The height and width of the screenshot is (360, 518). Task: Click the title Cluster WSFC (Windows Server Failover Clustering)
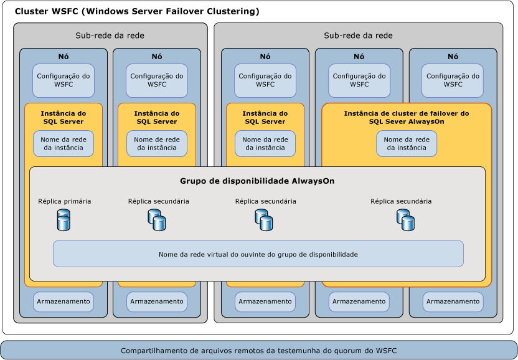[x=137, y=12]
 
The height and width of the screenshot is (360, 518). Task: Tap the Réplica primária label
[x=64, y=201]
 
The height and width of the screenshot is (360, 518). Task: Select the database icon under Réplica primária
[x=64, y=220]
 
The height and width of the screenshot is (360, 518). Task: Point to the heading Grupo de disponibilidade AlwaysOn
[x=257, y=181]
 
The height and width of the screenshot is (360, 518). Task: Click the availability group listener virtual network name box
[x=258, y=254]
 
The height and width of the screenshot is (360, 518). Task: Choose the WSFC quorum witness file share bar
[x=258, y=350]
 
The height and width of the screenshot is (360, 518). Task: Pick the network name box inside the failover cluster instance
[x=407, y=144]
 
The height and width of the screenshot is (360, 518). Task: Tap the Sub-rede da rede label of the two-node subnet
[x=110, y=36]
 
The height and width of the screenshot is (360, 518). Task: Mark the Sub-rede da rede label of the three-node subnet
[x=358, y=36]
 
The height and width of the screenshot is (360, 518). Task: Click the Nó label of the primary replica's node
[x=64, y=57]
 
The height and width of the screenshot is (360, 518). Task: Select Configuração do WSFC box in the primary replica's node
[x=64, y=80]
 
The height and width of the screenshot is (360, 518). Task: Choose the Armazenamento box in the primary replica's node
[x=64, y=301]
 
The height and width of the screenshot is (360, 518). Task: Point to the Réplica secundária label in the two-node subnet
[x=159, y=201]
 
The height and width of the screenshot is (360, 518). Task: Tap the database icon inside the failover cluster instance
[x=405, y=220]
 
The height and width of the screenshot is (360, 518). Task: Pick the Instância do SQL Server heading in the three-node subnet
[x=265, y=118]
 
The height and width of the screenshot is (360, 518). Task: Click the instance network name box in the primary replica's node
[x=64, y=144]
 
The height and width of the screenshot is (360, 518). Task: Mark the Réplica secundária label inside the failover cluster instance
[x=401, y=201]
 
